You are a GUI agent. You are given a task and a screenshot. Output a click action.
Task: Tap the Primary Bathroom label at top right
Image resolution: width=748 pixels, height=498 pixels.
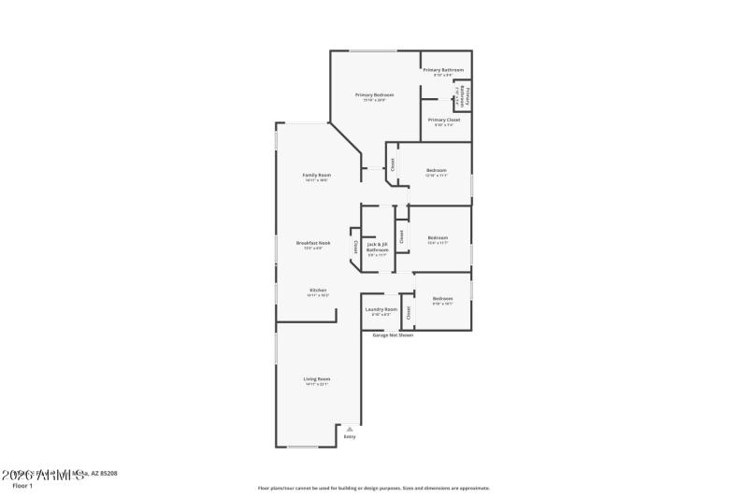[443, 70]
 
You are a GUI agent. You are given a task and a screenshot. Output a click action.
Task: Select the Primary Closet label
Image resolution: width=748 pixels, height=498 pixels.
[443, 120]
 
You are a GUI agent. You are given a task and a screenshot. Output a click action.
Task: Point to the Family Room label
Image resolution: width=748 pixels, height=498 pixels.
[316, 175]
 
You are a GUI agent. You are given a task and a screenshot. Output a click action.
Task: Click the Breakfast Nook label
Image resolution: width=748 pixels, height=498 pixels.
[313, 242]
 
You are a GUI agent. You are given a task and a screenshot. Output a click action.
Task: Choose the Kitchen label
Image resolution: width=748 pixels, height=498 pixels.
[317, 291]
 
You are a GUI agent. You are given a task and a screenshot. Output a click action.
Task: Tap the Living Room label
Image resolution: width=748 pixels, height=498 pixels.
[317, 378]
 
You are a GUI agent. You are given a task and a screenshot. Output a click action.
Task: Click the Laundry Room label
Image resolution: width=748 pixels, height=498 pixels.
[381, 309]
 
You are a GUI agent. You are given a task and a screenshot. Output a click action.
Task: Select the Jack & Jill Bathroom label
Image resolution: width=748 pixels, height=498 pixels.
[378, 247]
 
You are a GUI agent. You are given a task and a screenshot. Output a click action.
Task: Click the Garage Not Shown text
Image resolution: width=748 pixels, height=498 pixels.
[393, 334]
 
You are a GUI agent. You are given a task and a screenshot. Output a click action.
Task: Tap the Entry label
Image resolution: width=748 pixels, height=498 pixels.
[350, 436]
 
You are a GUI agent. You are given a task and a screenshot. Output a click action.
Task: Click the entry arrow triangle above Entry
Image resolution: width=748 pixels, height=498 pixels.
[350, 428]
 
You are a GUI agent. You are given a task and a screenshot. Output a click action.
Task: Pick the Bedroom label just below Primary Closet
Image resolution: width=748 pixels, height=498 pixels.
[437, 169]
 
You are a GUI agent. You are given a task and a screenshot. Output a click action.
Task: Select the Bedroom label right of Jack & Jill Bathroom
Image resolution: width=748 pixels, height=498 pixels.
[438, 237]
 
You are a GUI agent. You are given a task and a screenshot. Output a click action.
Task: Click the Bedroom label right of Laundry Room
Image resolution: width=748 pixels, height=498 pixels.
[442, 298]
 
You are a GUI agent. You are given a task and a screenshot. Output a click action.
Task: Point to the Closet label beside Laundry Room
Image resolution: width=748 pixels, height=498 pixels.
[407, 310]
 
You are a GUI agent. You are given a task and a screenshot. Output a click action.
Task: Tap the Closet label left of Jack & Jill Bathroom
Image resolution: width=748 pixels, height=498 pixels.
[355, 247]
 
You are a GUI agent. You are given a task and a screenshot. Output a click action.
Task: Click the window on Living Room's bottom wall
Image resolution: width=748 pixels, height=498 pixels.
[302, 447]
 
